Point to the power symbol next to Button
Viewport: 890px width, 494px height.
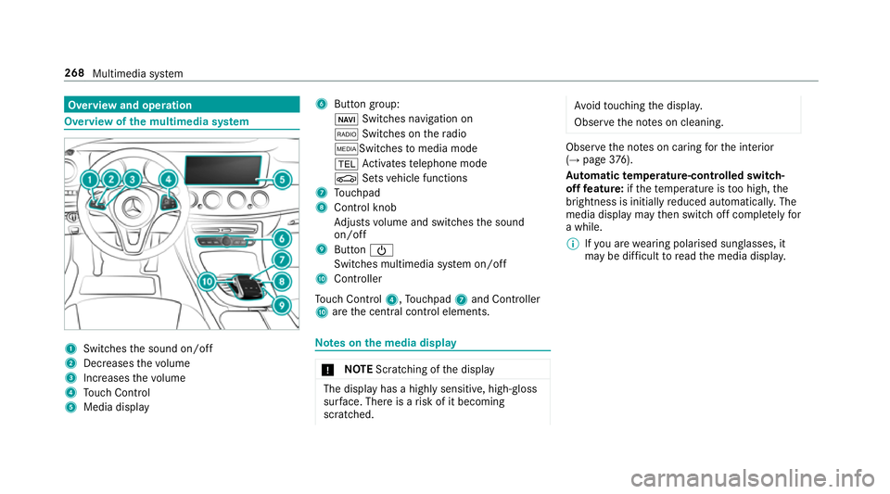pyautogui.click(x=368, y=249)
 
